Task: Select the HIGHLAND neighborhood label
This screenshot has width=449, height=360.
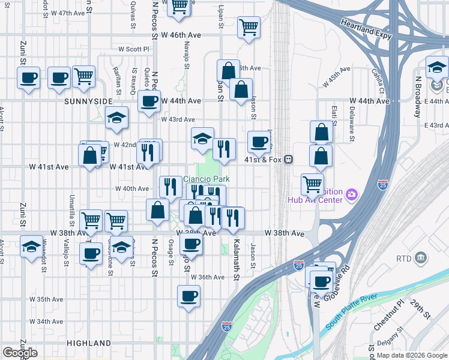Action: click(89, 343)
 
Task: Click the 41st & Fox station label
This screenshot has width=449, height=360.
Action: click(264, 160)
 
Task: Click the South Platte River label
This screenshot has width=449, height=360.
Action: click(360, 311)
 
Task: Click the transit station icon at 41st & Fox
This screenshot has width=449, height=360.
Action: click(289, 160)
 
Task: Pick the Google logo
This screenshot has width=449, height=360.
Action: click(20, 353)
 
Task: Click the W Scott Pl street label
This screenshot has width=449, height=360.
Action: click(133, 49)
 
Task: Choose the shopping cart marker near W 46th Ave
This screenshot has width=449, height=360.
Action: click(249, 26)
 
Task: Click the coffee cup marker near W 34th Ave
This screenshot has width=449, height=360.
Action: click(188, 295)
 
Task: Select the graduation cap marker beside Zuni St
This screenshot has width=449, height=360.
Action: click(31, 246)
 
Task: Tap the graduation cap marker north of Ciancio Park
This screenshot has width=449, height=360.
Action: click(203, 138)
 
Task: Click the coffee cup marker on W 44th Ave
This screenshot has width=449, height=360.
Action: click(149, 100)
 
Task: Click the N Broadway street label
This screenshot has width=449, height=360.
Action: click(418, 95)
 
